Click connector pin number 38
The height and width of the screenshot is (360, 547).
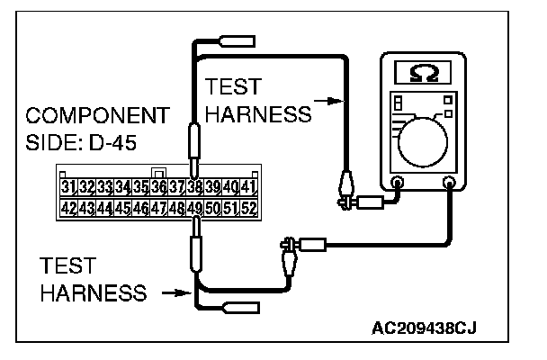click(x=194, y=187)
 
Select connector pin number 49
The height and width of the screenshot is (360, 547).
click(x=194, y=209)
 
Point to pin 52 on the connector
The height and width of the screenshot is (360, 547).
click(x=249, y=209)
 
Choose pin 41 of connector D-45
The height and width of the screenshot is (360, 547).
click(x=249, y=187)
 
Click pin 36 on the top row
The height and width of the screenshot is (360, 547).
click(x=158, y=187)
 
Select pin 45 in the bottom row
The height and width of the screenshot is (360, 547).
click(x=123, y=209)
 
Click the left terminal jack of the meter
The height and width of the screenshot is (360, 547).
click(x=399, y=184)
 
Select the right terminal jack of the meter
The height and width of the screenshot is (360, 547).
click(x=448, y=184)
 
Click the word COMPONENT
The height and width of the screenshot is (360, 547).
click(x=97, y=117)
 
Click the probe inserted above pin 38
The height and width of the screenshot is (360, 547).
click(x=193, y=144)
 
